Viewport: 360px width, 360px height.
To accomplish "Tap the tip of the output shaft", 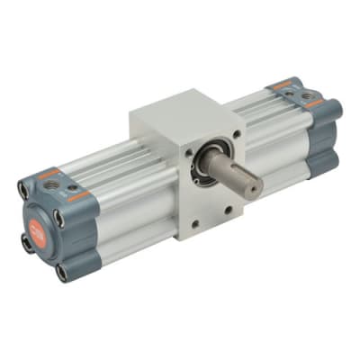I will click(256, 185).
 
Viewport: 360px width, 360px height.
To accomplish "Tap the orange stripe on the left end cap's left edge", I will click(49, 171).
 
